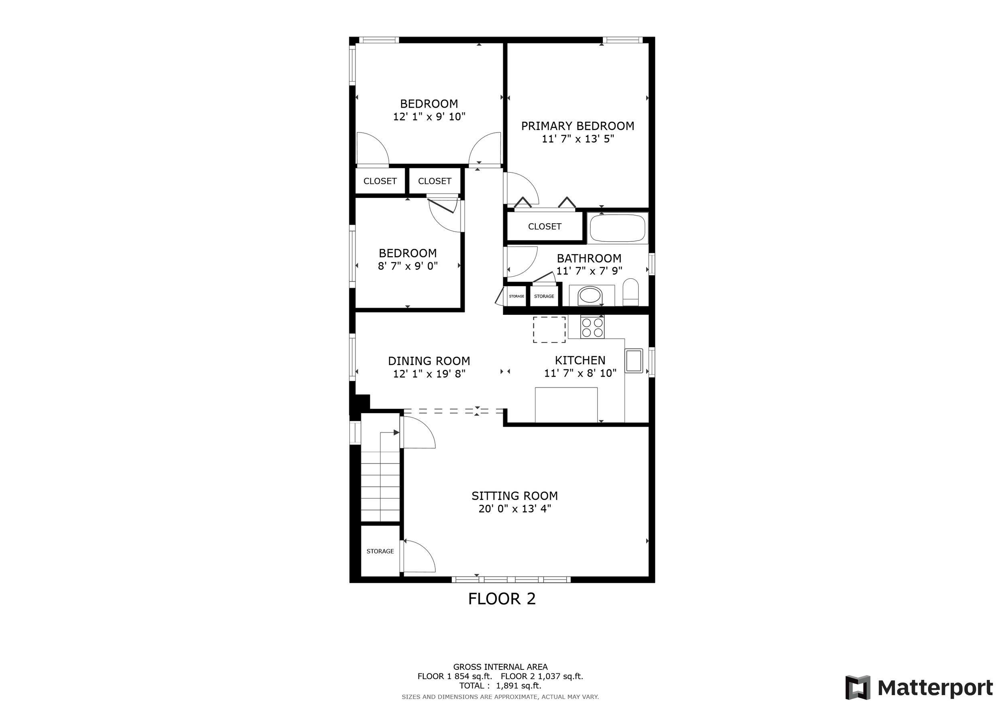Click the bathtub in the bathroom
pyautogui.click(x=617, y=228)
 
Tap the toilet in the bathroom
pyautogui.click(x=631, y=292)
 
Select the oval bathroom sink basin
pyautogui.click(x=590, y=296)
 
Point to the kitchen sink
pyautogui.click(x=634, y=361)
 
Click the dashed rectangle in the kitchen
pyautogui.click(x=549, y=330)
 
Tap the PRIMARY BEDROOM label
pyautogui.click(x=578, y=126)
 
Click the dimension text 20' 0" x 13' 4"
pyautogui.click(x=515, y=508)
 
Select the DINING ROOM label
pyautogui.click(x=429, y=361)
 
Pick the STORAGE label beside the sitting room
pyautogui.click(x=380, y=551)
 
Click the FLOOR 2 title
pyautogui.click(x=502, y=598)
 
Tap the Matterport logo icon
pyautogui.click(x=858, y=688)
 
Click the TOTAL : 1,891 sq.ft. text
pyautogui.click(x=500, y=686)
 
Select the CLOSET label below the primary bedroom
pyautogui.click(x=545, y=226)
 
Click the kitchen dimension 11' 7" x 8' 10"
pyautogui.click(x=580, y=373)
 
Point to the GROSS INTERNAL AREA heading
pyautogui.click(x=500, y=667)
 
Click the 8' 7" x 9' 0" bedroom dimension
pyautogui.click(x=408, y=266)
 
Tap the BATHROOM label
pyautogui.click(x=589, y=258)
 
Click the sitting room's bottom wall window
pyautogui.click(x=511, y=580)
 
